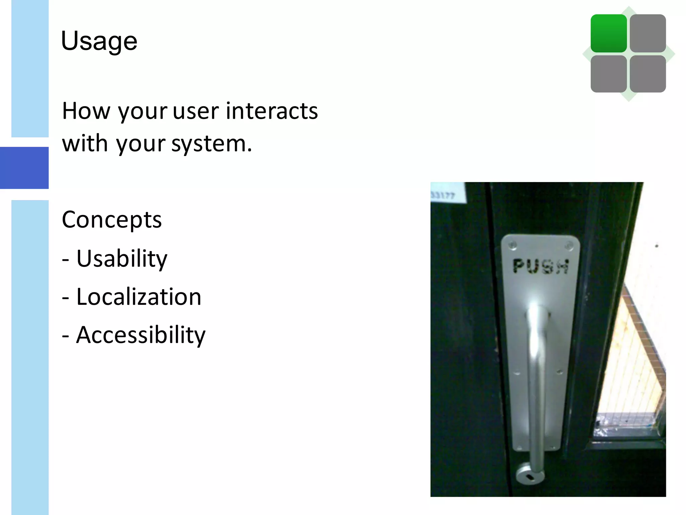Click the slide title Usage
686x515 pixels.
tap(99, 41)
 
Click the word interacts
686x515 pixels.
tap(272, 111)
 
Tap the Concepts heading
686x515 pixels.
tap(112, 220)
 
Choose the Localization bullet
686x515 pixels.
tap(138, 297)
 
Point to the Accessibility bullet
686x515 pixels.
tap(140, 335)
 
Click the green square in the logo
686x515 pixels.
tap(608, 34)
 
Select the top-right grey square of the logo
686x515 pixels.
tap(647, 34)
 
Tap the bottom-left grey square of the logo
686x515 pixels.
tap(608, 74)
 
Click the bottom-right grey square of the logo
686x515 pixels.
tap(647, 74)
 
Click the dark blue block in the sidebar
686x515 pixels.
tap(24, 168)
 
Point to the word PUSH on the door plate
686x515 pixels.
tap(541, 267)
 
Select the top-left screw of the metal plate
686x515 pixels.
tap(512, 246)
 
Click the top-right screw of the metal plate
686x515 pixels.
tap(568, 246)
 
